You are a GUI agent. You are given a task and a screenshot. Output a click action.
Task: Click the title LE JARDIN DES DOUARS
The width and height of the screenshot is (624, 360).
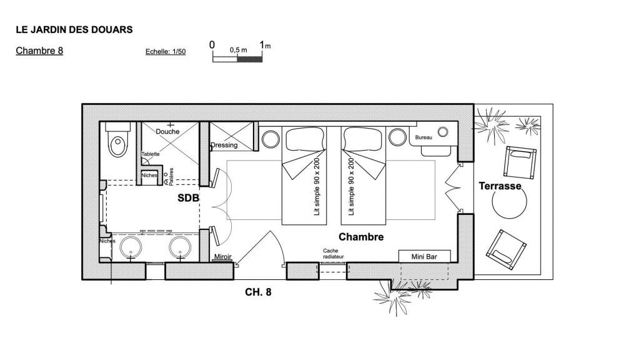(74, 29)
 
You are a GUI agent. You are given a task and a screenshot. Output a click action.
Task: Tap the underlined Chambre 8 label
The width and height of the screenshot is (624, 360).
(39, 51)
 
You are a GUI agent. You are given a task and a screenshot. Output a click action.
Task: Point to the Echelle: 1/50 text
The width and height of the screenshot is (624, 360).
(166, 53)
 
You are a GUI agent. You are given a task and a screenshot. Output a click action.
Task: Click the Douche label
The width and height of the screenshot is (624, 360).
(167, 132)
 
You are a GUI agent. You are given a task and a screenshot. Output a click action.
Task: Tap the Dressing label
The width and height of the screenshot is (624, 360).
(224, 145)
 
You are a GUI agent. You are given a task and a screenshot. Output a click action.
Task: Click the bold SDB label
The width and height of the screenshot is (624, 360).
(188, 198)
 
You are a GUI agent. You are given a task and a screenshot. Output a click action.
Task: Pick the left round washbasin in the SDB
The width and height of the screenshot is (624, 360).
(130, 246)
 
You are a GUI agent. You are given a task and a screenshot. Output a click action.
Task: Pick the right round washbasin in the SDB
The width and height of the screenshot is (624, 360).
(180, 246)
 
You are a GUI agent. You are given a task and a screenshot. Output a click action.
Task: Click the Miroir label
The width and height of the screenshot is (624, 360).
(223, 257)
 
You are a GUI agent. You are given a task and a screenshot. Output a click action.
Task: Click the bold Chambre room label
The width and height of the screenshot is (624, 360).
(360, 237)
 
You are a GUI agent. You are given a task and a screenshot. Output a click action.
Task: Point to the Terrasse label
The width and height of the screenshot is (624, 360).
(500, 186)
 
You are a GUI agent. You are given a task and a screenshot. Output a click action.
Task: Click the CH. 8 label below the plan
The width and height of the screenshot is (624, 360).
(258, 291)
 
